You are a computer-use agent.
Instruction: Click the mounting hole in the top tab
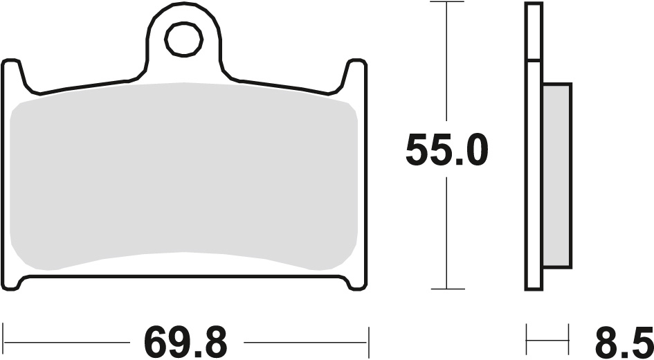[x=184, y=39]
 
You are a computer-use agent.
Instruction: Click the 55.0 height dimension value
[x=446, y=150]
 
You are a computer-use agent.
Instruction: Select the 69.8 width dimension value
[x=185, y=342]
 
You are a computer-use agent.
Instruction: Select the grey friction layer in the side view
[x=557, y=176]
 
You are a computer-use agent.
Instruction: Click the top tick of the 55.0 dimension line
[x=446, y=3]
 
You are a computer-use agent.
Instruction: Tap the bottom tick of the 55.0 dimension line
[x=446, y=289]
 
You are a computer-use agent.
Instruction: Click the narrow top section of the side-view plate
[x=533, y=31]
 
